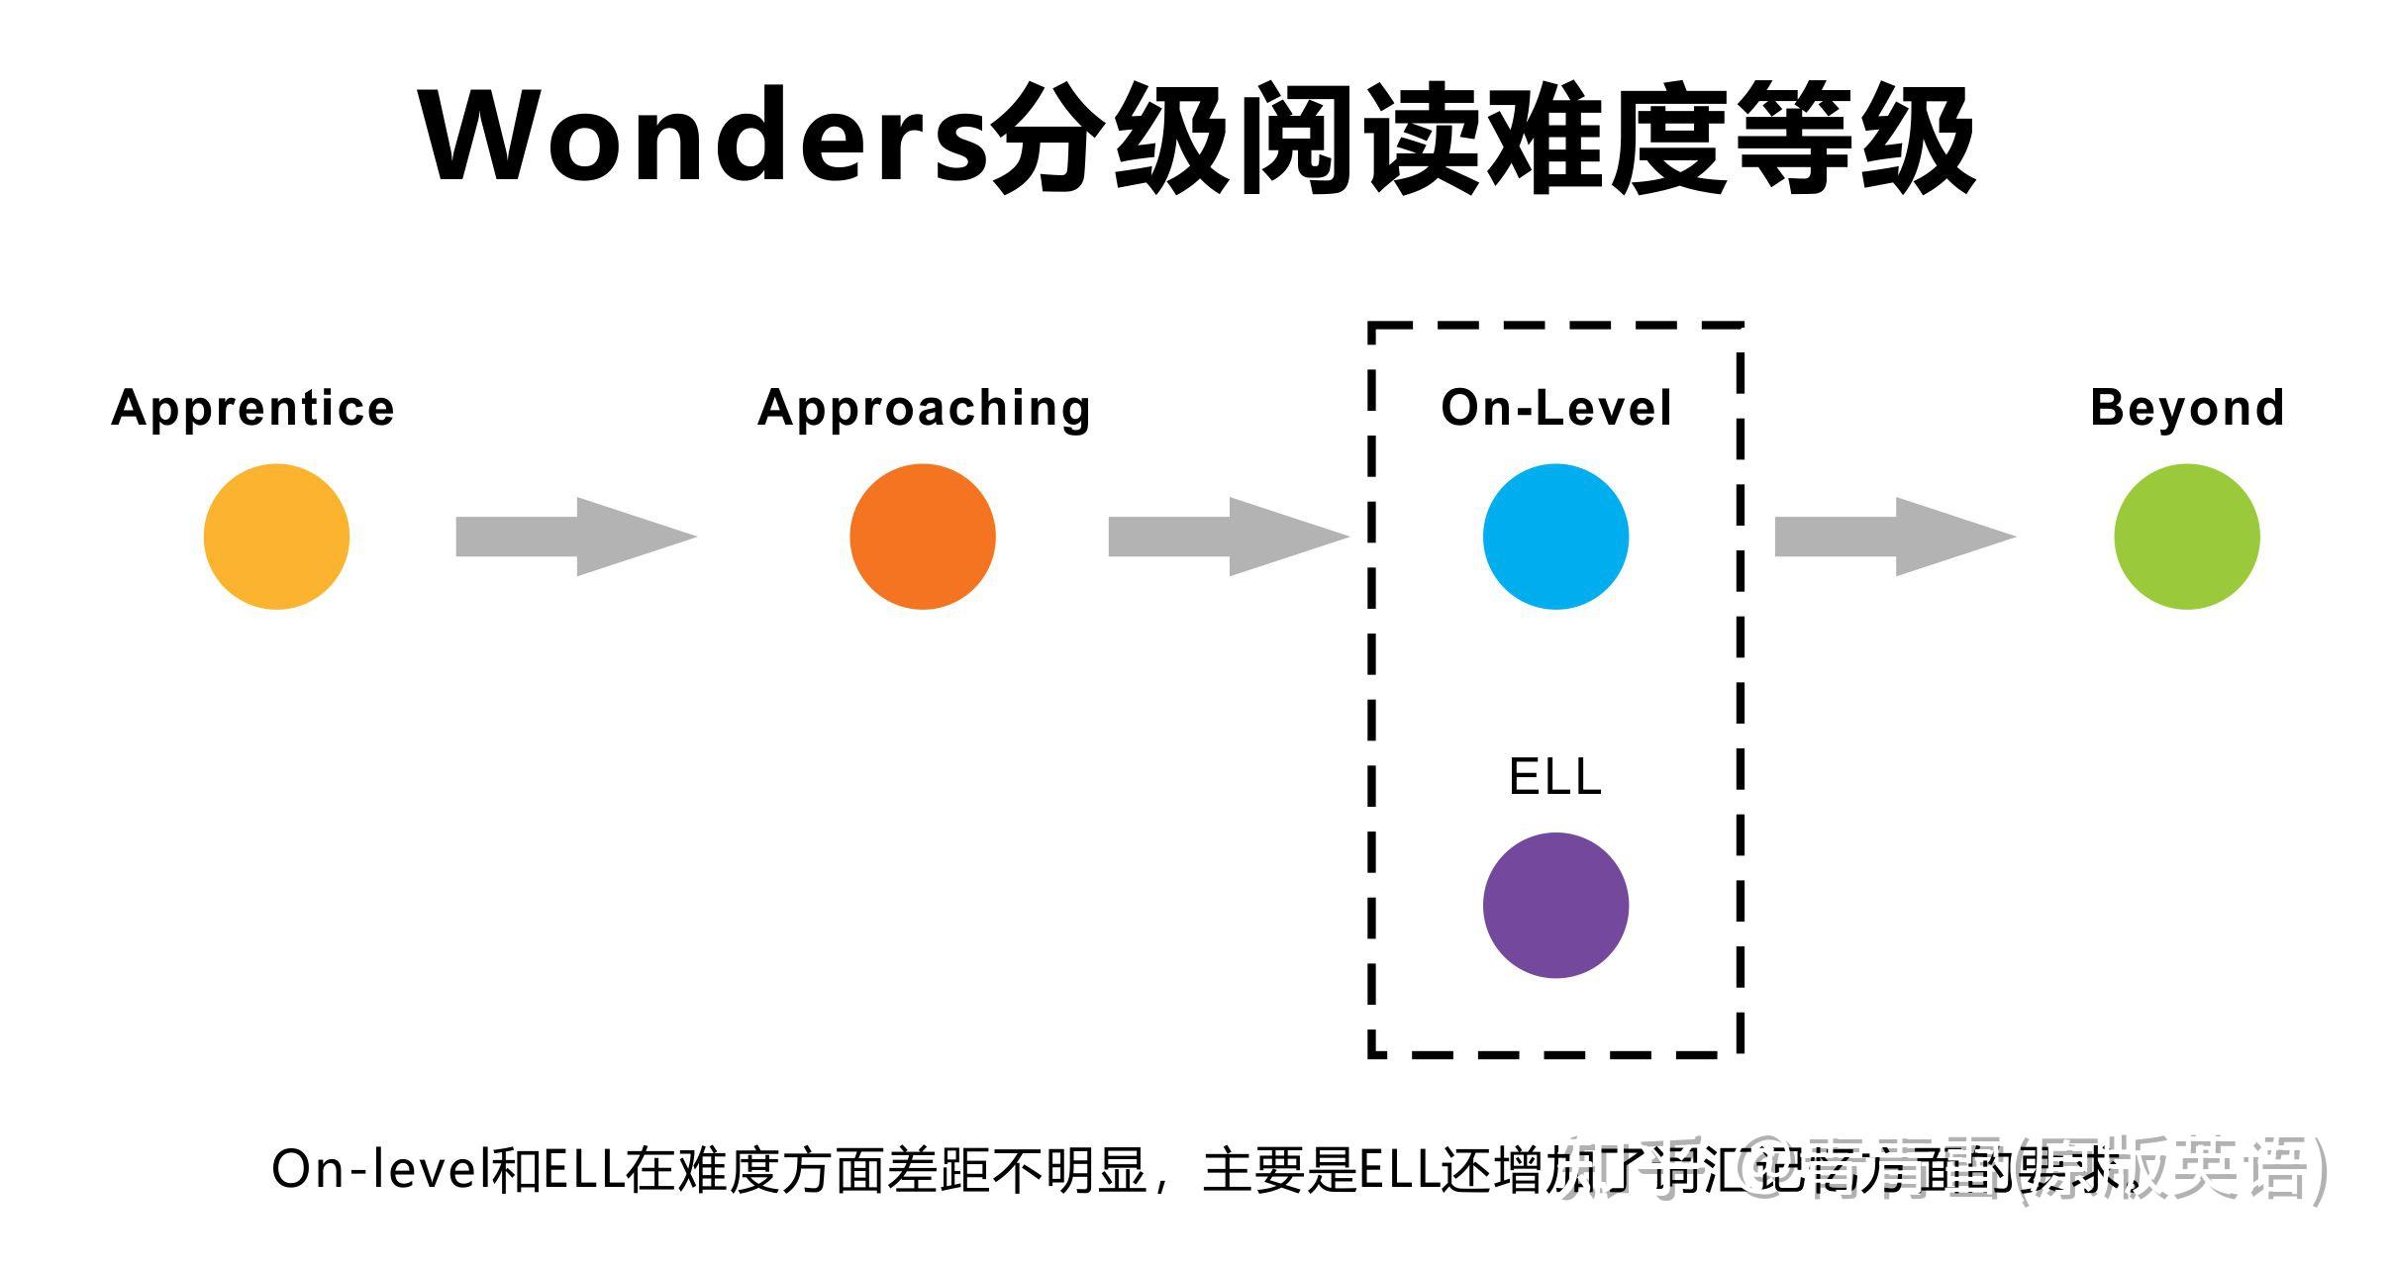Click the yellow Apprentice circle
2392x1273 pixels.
click(x=276, y=537)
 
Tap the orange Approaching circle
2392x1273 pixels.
click(x=922, y=537)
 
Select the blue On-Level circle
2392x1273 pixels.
click(x=1555, y=537)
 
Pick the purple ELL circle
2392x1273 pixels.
click(x=1555, y=905)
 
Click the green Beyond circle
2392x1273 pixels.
click(x=2186, y=537)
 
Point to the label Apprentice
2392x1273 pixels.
click(x=253, y=408)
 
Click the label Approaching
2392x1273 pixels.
click(x=924, y=408)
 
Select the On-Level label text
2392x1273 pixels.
click(x=1555, y=408)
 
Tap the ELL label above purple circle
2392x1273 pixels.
click(x=1554, y=776)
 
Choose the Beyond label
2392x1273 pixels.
click(x=2187, y=408)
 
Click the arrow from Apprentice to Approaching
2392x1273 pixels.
click(x=574, y=537)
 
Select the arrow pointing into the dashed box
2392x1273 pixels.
click(x=1227, y=537)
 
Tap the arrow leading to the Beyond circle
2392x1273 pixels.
click(x=1893, y=537)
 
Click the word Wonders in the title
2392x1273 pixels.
click(x=703, y=137)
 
